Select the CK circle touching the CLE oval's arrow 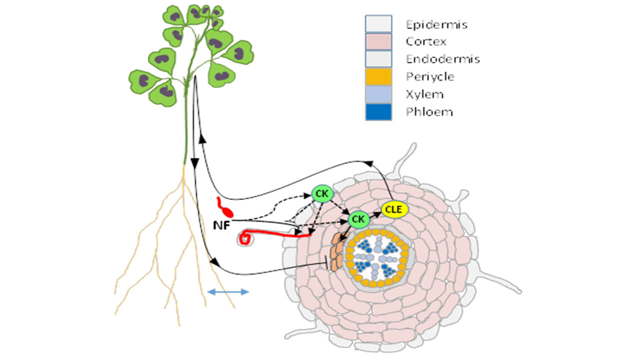click(357, 218)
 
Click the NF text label click(220, 225)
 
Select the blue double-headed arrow click(228, 291)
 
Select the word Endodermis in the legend click(442, 59)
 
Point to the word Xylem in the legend click(424, 94)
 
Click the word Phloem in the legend click(429, 111)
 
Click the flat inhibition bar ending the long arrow click(328, 263)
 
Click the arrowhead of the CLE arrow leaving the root click(369, 163)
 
